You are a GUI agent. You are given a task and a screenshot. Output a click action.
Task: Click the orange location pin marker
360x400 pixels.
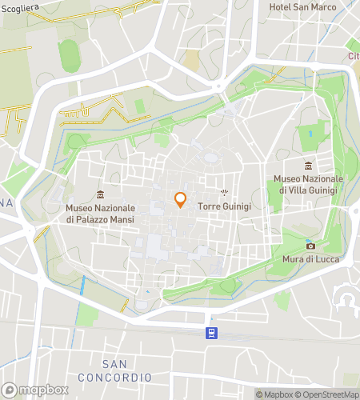[x=180, y=199]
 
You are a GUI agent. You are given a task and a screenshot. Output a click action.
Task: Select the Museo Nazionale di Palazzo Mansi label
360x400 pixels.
[x=100, y=214]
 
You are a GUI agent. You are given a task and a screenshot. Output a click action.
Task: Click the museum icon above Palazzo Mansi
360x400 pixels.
[x=100, y=194]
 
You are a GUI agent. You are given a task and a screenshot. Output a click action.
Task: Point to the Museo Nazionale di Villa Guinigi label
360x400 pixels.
[x=308, y=184]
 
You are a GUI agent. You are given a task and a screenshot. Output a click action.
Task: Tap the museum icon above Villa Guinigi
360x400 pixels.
[x=308, y=166]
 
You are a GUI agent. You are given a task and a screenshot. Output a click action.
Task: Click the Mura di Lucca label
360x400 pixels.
[x=310, y=259]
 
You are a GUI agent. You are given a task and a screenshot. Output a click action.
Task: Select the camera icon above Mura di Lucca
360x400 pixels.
[x=310, y=246]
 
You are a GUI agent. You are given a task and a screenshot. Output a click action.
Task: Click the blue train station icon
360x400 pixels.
[x=210, y=333]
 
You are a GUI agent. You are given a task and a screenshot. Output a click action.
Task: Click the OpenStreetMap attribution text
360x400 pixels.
[x=328, y=394]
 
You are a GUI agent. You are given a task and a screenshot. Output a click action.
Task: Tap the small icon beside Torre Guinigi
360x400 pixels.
[x=225, y=192]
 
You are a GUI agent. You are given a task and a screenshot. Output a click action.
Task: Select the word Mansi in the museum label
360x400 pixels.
[x=121, y=219]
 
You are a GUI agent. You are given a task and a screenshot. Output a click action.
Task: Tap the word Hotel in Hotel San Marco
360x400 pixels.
[x=280, y=6]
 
